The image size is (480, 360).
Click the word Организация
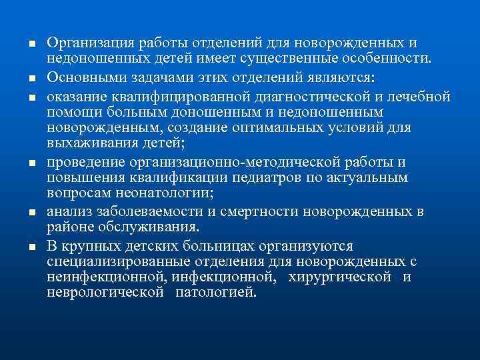(x=90, y=43)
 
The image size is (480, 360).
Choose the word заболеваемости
(x=145, y=212)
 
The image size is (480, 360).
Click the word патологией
(x=215, y=293)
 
